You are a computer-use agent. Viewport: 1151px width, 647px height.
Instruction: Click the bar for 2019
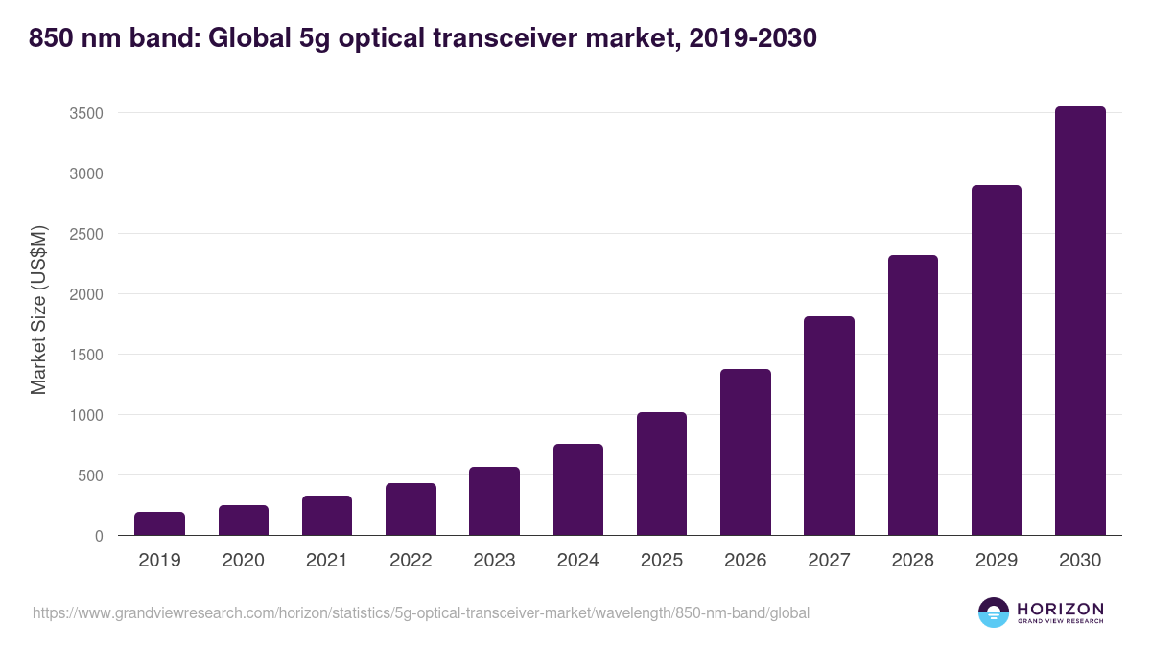[159, 523]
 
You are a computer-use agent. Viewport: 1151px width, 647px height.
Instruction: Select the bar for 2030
[1080, 321]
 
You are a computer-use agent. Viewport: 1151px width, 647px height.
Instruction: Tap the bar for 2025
[662, 474]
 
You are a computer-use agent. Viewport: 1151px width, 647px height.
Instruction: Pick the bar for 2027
[829, 426]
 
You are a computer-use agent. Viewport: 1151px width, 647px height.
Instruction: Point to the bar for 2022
[411, 509]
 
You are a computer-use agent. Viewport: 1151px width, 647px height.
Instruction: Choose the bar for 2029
[997, 360]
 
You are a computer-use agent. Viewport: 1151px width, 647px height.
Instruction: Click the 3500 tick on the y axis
[85, 113]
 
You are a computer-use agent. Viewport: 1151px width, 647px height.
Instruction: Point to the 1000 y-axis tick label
[85, 415]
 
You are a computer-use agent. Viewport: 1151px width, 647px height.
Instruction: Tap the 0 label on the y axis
[98, 536]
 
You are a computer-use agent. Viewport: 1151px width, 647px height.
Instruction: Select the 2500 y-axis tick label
[85, 234]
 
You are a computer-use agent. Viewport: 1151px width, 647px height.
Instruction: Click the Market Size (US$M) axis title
[38, 309]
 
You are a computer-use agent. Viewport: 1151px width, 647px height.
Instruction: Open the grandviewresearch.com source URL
[421, 612]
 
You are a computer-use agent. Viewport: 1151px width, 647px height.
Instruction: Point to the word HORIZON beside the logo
[1060, 609]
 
